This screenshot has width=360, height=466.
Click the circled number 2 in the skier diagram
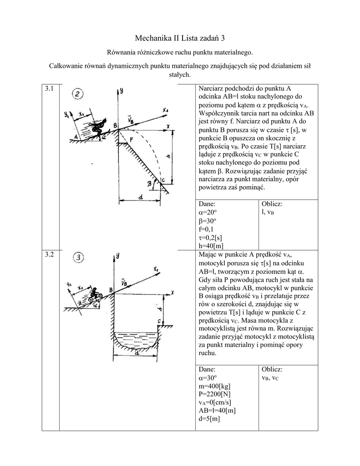click(79, 95)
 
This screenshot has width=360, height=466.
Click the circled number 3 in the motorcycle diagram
click(79, 258)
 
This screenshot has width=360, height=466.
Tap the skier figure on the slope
click(97, 126)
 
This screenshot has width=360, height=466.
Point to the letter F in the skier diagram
click(131, 138)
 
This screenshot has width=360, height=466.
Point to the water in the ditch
click(136, 339)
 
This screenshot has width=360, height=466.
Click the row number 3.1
click(50, 89)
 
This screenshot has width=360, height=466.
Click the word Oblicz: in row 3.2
click(272, 369)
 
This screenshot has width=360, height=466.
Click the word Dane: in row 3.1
click(208, 204)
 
